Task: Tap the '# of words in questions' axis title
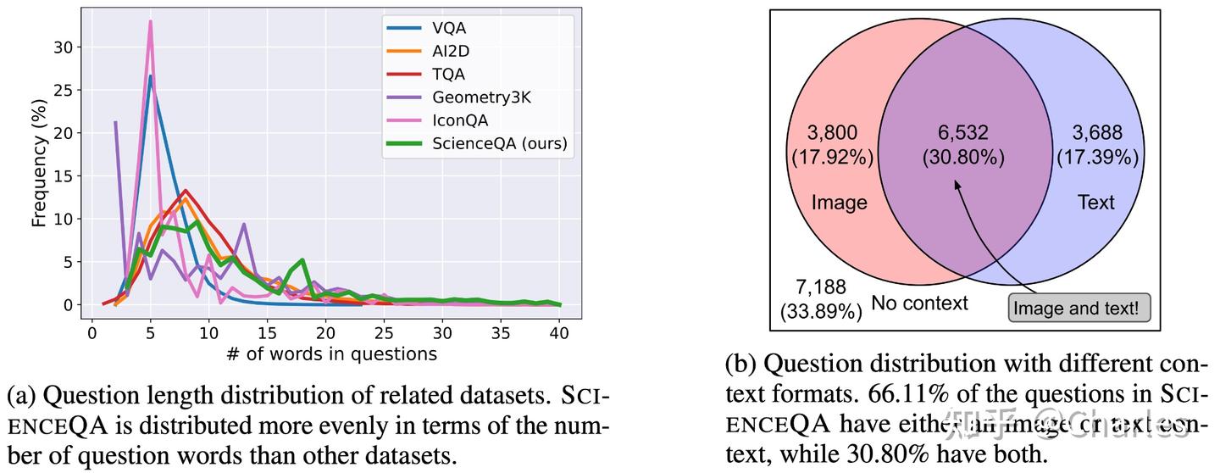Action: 331,354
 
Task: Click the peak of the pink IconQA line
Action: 150,21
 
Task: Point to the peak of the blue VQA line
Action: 150,75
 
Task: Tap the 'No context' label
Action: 918,303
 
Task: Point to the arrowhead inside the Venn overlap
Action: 957,182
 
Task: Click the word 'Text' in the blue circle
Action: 1095,203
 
